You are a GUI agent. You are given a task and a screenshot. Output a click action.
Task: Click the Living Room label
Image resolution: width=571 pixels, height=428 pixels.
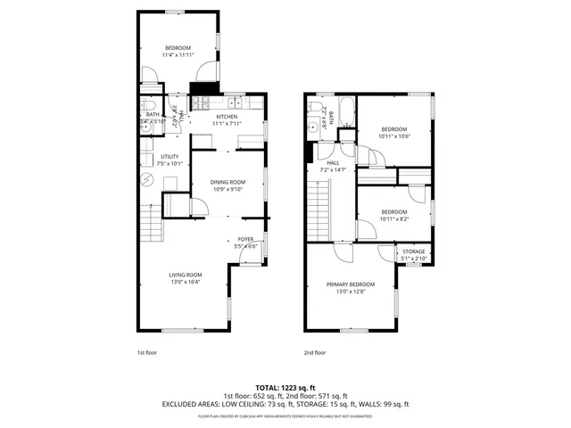pyautogui.click(x=186, y=274)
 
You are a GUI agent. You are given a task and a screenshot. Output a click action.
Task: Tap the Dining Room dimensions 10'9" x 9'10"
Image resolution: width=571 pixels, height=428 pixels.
pyautogui.click(x=228, y=189)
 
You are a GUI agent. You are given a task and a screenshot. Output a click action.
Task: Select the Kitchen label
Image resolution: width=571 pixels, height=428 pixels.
pyautogui.click(x=227, y=116)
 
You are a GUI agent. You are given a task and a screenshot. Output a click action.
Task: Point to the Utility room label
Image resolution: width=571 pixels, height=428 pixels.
pyautogui.click(x=170, y=156)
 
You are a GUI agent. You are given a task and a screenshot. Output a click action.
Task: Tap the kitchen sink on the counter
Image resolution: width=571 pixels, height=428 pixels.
pyautogui.click(x=235, y=99)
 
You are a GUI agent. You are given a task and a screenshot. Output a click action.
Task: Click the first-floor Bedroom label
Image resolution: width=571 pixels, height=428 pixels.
pyautogui.click(x=178, y=47)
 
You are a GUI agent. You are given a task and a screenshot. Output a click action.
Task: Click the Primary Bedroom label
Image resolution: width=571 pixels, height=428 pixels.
pyautogui.click(x=350, y=284)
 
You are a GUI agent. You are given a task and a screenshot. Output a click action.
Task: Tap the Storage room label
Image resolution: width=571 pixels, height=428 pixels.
pyautogui.click(x=414, y=251)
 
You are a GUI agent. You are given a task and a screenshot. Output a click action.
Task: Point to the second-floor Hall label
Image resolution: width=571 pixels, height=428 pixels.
pyautogui.click(x=333, y=162)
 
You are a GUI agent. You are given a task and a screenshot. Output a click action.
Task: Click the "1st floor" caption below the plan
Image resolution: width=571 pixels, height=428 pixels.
pyautogui.click(x=146, y=352)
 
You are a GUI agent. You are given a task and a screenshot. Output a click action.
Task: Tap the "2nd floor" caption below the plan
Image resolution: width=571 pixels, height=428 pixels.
pyautogui.click(x=314, y=352)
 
